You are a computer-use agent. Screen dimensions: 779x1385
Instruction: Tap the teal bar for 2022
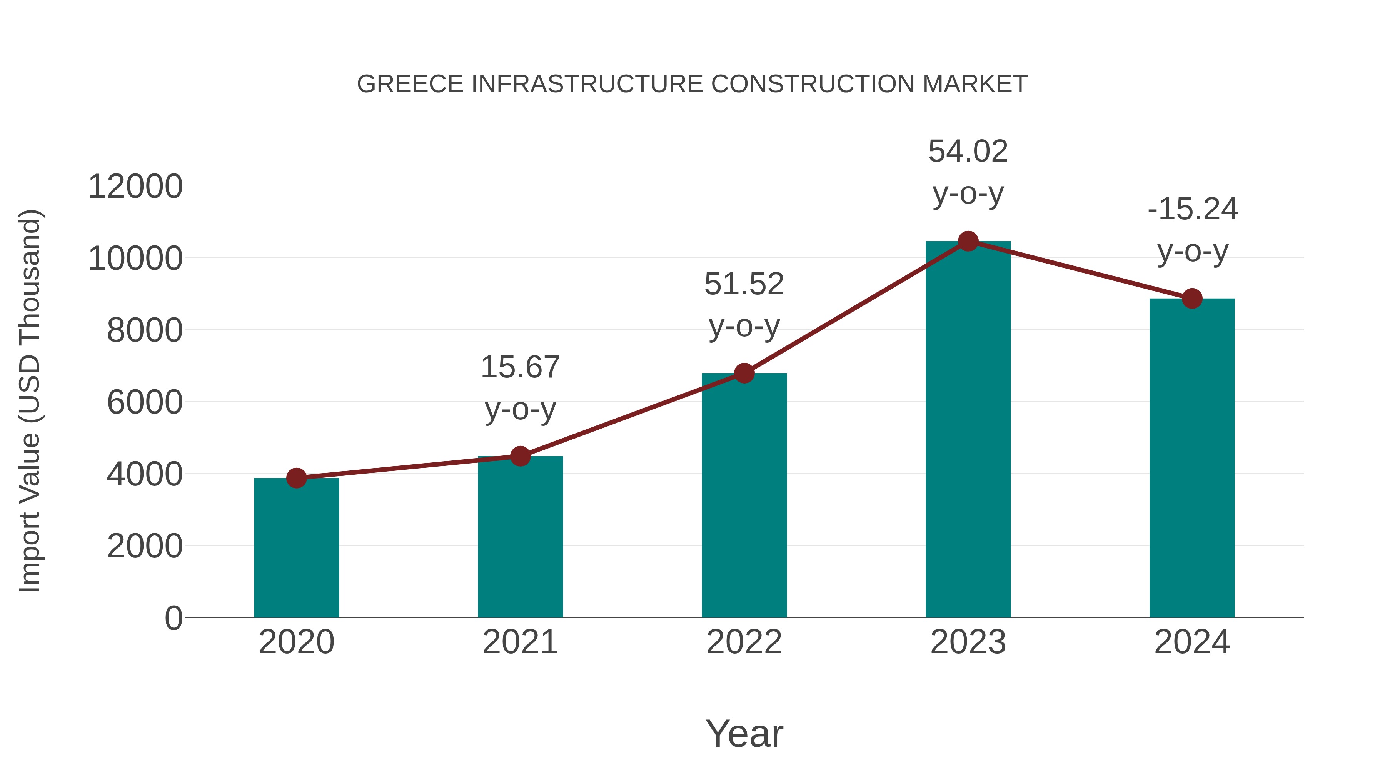point(744,495)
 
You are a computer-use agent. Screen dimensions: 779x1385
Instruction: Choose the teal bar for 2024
point(1192,457)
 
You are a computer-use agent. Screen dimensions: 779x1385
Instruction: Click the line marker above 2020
point(296,477)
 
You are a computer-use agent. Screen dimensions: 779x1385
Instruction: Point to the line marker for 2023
point(968,241)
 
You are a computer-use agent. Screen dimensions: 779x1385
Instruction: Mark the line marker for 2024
point(1192,299)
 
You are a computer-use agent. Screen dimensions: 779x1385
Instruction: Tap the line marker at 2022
point(744,373)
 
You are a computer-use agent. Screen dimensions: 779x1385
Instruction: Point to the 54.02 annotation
point(968,172)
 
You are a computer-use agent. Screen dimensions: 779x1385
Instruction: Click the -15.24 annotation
point(1192,230)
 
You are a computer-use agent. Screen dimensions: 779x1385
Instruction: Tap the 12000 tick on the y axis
point(135,187)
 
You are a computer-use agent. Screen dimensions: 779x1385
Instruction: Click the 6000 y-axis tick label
point(145,402)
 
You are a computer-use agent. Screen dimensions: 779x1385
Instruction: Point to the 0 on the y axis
point(174,618)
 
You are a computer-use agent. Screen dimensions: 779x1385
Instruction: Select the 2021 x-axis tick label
point(520,642)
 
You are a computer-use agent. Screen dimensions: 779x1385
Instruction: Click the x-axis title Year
point(744,733)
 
